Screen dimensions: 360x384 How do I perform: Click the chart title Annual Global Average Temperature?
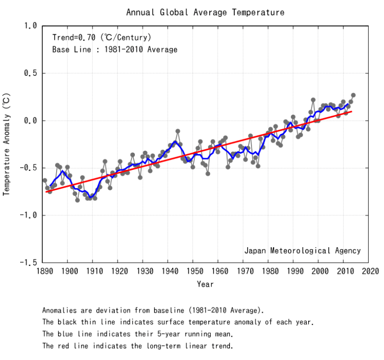click(x=205, y=12)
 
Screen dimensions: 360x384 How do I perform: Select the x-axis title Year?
click(x=205, y=284)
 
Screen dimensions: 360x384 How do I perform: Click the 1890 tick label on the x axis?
click(x=43, y=271)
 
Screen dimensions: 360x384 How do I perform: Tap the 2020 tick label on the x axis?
click(x=371, y=271)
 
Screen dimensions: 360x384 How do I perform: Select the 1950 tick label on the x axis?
click(x=194, y=271)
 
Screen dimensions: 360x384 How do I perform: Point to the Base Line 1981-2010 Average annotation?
click(x=115, y=49)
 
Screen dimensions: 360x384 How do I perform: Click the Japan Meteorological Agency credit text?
click(x=302, y=251)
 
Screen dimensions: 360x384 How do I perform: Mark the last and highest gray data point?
click(x=353, y=95)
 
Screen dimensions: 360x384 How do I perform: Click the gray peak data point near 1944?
click(x=178, y=131)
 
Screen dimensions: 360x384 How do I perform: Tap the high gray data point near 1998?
click(x=313, y=100)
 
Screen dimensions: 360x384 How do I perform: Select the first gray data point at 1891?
click(x=45, y=180)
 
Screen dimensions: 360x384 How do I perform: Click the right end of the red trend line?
click(x=352, y=111)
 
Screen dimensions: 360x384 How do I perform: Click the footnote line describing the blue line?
click(x=137, y=334)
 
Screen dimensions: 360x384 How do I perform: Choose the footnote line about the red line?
click(x=137, y=346)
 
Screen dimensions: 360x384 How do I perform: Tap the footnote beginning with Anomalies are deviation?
click(x=153, y=310)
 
